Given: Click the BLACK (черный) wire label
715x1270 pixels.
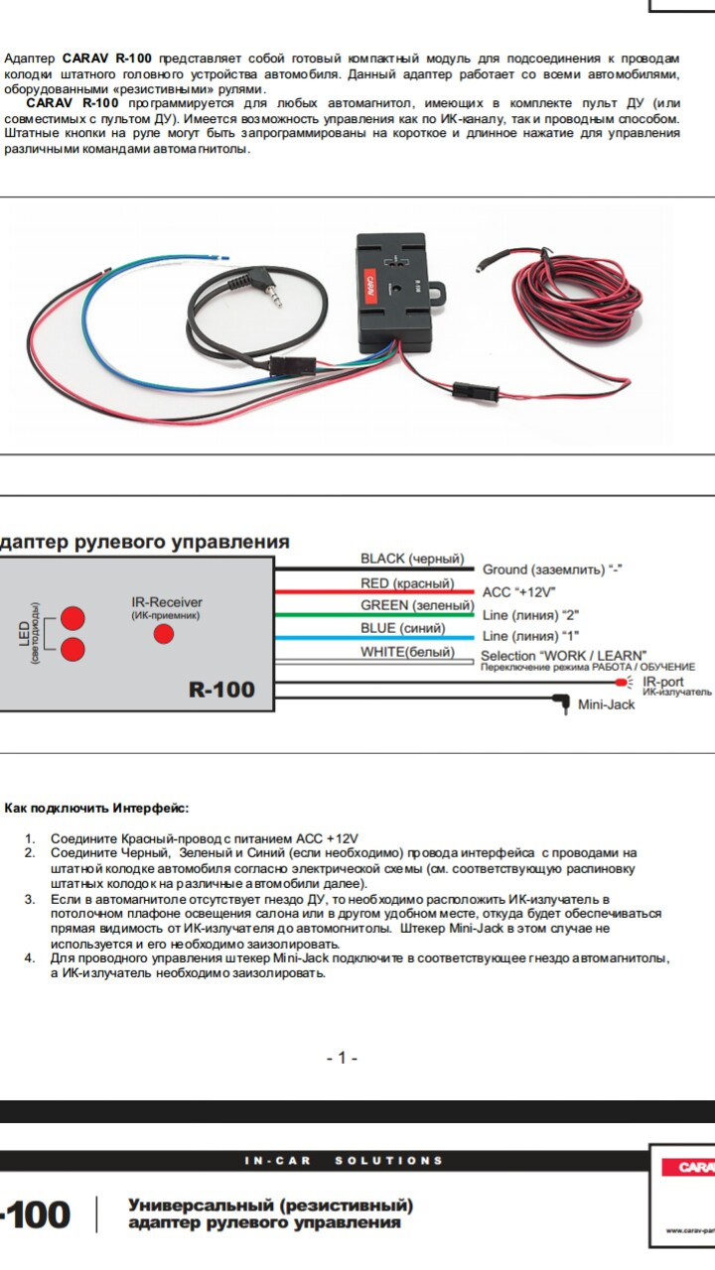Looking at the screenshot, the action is [412, 560].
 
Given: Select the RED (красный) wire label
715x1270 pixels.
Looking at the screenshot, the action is [406, 583].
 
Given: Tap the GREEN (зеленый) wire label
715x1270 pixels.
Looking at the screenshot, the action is [416, 605].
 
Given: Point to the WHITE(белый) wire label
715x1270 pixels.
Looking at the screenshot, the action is [407, 652].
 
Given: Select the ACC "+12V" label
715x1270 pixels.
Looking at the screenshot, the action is [517, 592].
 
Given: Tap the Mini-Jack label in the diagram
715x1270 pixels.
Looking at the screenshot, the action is [606, 704].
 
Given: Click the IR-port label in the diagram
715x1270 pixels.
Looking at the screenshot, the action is [662, 682].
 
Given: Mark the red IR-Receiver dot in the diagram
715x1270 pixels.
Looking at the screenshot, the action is [163, 634].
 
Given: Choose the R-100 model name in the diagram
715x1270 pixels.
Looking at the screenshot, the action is [221, 689].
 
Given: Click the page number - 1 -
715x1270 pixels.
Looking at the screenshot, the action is [342, 1058].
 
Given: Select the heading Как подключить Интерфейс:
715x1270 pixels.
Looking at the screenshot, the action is [95, 809].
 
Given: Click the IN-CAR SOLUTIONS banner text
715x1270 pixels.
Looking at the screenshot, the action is [344, 1160].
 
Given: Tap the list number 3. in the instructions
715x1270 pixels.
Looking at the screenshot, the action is [30, 899].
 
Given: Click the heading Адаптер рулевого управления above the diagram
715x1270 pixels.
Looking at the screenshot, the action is [145, 542].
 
